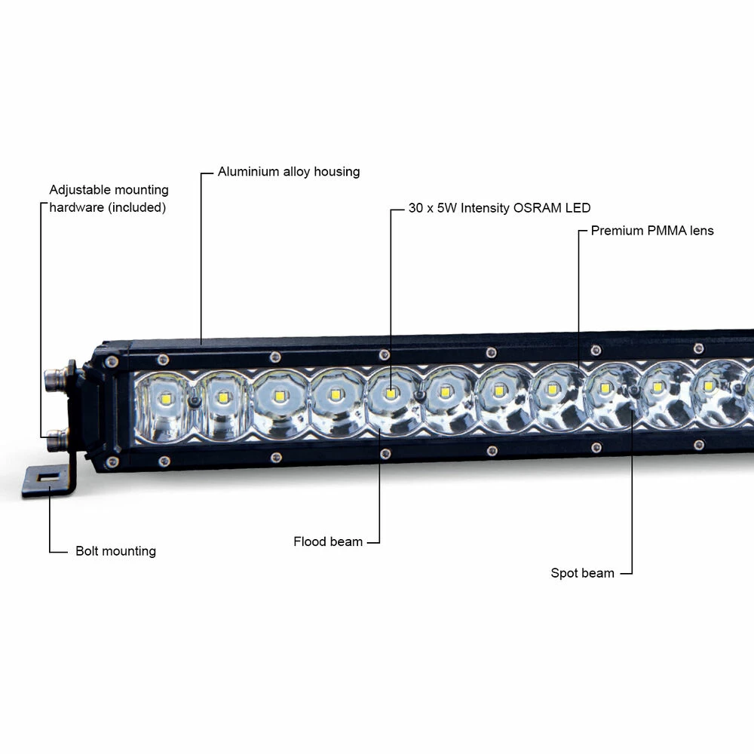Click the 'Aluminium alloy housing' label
click(289, 172)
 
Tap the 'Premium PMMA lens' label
click(652, 231)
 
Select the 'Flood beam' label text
click(328, 541)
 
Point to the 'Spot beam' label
click(582, 573)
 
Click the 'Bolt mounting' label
click(116, 551)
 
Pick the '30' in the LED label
click(415, 208)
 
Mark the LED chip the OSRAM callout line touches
click(391, 394)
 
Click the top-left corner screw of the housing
click(112, 362)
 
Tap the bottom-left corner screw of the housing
click(112, 462)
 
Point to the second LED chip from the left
click(222, 397)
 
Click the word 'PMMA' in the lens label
click(667, 231)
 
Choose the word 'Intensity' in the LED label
click(485, 208)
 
